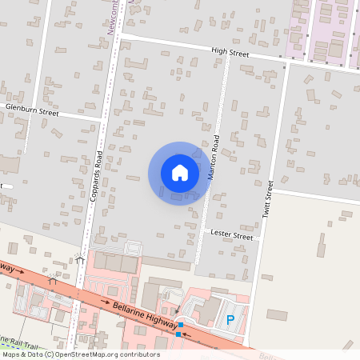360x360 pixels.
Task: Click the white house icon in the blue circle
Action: [180, 172]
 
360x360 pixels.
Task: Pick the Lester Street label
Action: [231, 237]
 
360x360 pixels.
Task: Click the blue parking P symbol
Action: [230, 320]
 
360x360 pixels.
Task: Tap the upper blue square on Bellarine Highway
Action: [182, 325]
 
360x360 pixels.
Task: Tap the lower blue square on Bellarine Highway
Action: [178, 334]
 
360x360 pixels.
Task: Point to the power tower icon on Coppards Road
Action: [80, 259]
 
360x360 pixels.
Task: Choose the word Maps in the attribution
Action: [10, 354]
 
